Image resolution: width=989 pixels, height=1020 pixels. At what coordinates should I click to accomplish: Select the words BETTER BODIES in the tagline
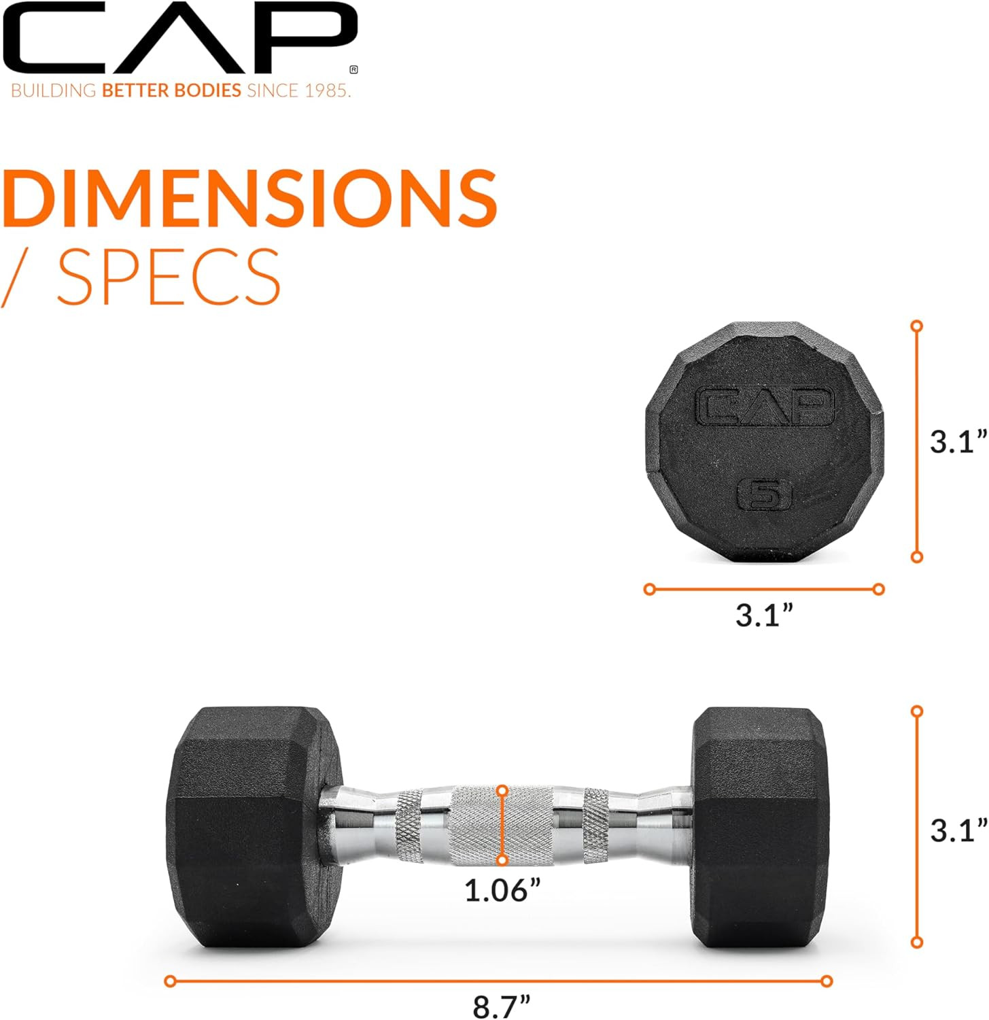pos(171,90)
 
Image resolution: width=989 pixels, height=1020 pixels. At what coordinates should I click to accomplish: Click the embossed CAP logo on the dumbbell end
pos(765,407)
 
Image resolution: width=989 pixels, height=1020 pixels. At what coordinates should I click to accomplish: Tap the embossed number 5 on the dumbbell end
pos(765,494)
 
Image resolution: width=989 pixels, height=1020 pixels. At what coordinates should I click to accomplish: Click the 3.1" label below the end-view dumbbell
pos(765,616)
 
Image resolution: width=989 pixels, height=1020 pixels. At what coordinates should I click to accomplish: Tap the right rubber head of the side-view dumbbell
pos(760,826)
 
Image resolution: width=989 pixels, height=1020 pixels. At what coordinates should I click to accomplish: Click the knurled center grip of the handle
pos(502,826)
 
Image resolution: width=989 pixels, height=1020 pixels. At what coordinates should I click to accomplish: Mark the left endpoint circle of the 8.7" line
pos(171,981)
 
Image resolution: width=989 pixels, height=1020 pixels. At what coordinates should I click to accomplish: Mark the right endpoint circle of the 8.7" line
pos(827,981)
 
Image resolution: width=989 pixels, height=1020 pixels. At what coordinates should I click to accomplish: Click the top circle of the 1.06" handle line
pos(502,791)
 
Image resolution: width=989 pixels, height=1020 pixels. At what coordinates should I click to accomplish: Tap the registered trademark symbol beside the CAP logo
pos(353,69)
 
